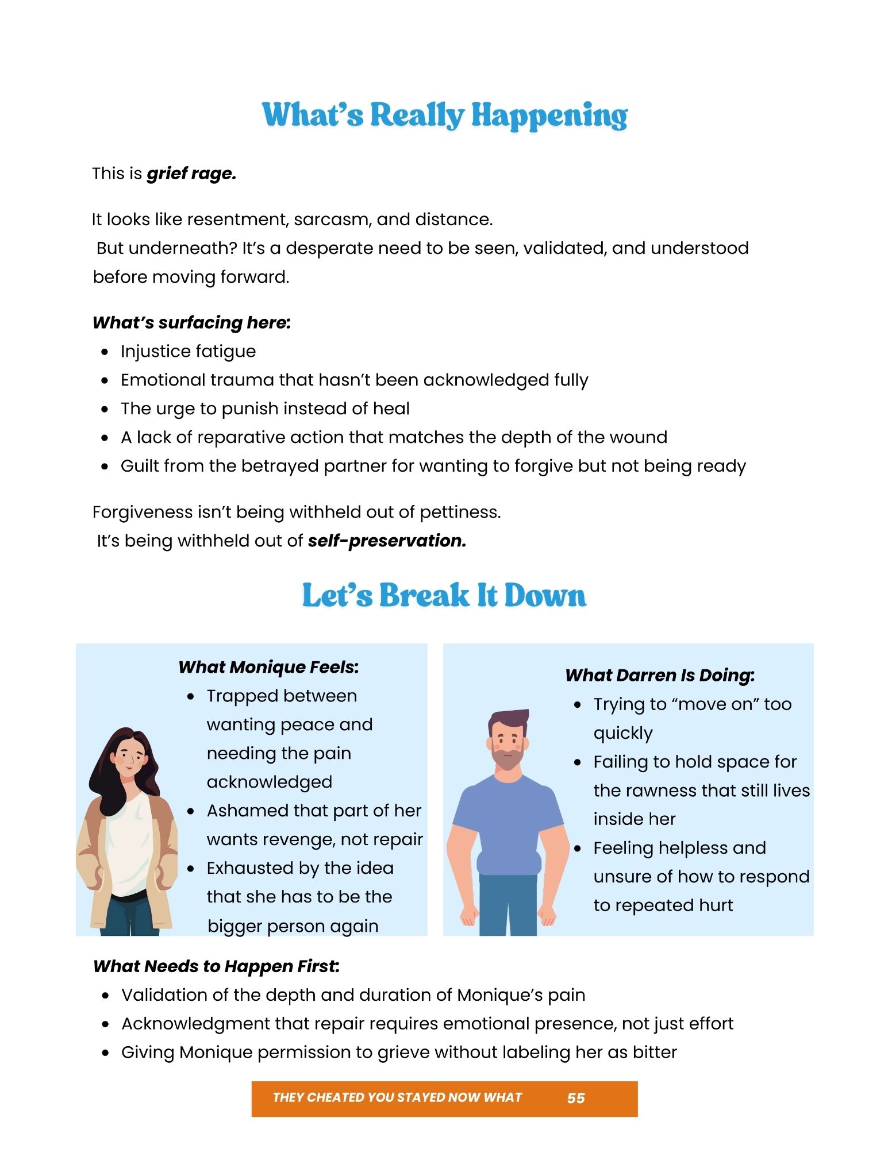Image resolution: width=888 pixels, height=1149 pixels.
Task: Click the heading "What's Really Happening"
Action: (444, 115)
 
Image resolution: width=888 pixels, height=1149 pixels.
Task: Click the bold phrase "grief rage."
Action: (191, 173)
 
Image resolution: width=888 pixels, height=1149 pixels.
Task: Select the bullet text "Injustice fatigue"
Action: (188, 352)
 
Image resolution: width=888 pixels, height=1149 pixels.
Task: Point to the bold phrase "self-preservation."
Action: (387, 541)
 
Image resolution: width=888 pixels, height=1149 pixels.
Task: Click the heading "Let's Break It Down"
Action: (444, 595)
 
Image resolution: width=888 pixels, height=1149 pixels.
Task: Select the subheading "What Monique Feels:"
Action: (268, 667)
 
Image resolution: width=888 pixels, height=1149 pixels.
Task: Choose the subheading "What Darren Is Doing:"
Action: (659, 675)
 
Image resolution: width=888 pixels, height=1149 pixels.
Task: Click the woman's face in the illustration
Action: (128, 757)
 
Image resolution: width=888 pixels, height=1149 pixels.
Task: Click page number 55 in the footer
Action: (575, 1098)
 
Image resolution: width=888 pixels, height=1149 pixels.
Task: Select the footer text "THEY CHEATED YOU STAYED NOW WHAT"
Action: (397, 1097)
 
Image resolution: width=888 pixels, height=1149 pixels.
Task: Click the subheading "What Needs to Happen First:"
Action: (216, 966)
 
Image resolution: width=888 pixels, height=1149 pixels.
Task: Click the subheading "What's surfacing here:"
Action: (191, 323)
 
